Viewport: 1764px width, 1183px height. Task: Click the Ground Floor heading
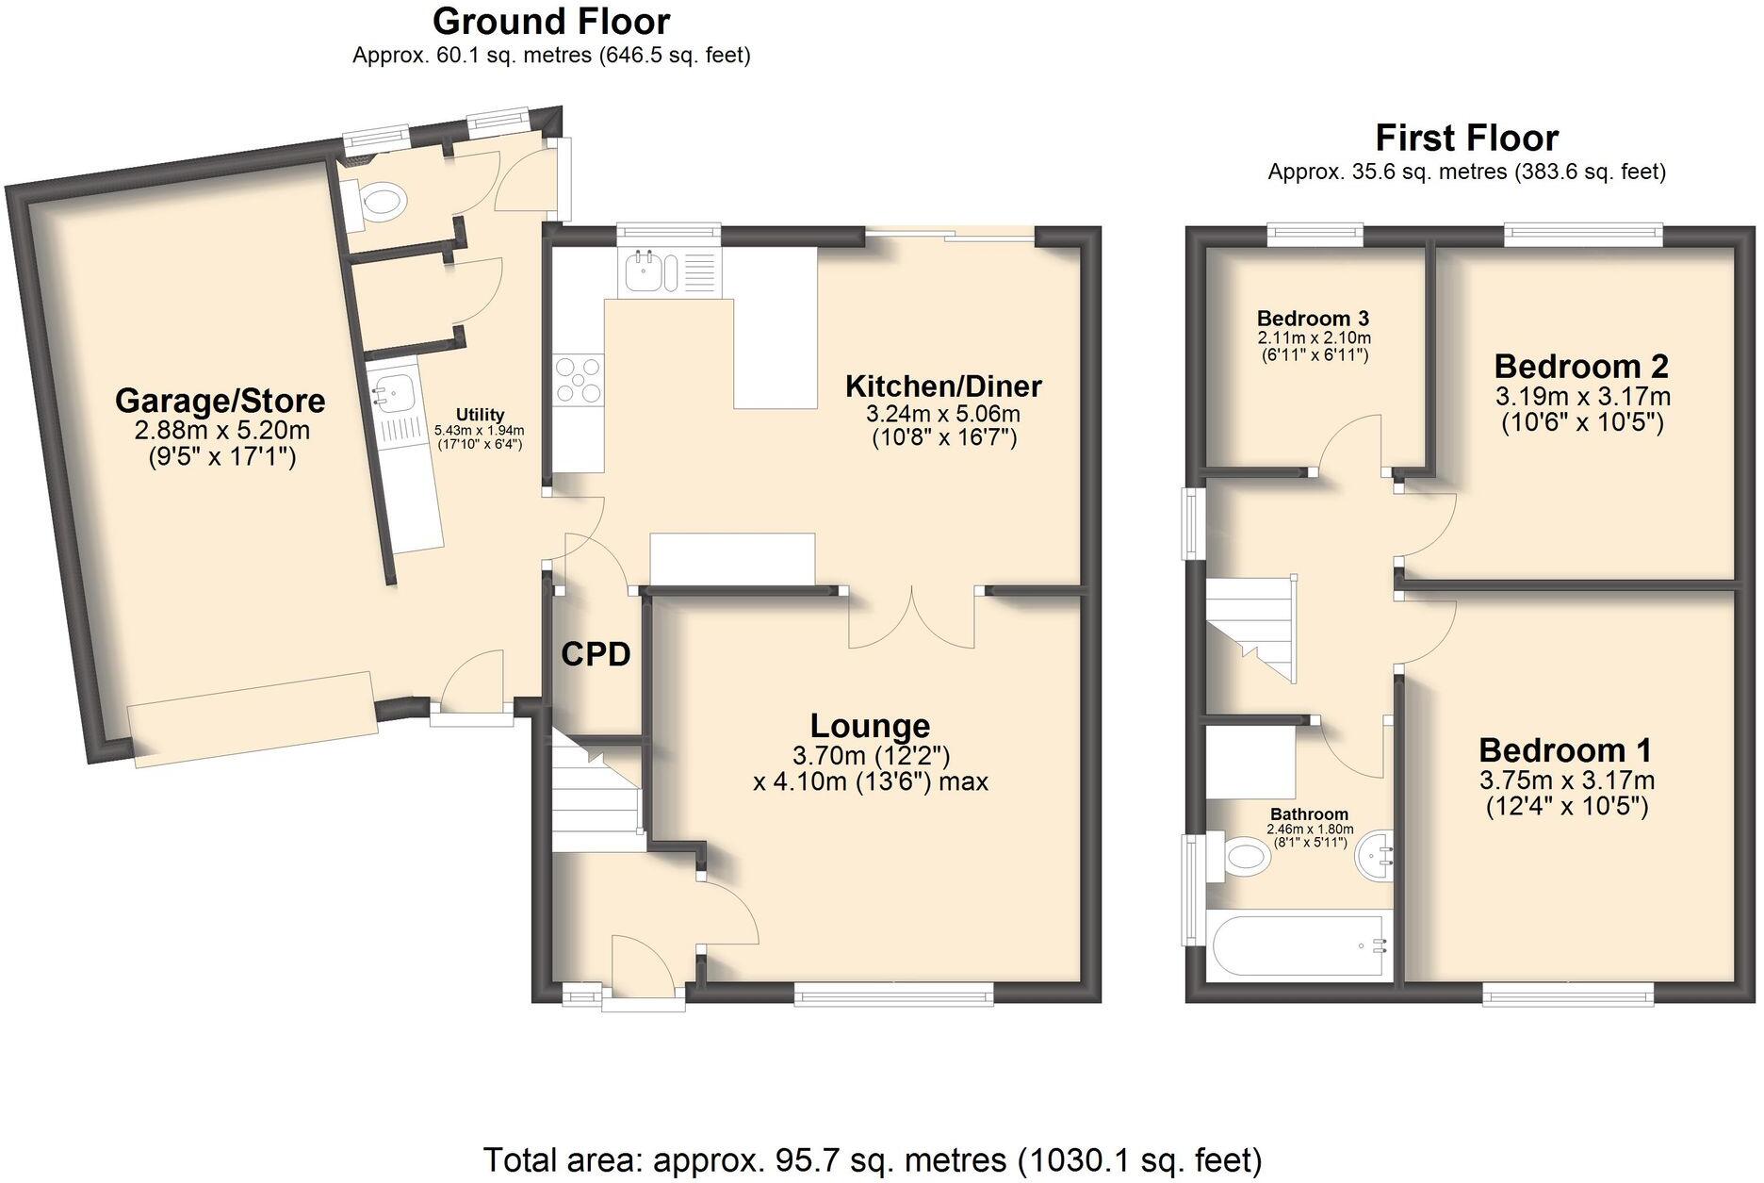[551, 22]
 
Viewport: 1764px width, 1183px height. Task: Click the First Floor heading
[1466, 139]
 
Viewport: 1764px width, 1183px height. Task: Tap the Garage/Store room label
[220, 401]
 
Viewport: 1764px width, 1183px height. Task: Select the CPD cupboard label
[596, 653]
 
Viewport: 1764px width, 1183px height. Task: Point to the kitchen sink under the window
[645, 271]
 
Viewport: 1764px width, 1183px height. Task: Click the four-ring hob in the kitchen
[579, 379]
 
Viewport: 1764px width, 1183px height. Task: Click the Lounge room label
[870, 726]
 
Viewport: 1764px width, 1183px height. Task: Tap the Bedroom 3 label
[1313, 319]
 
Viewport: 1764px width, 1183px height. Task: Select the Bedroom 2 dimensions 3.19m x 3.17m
[1582, 395]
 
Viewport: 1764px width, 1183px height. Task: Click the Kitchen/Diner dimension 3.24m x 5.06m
[941, 414]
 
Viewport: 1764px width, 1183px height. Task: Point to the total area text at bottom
[872, 1158]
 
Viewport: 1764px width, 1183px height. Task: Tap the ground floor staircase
[594, 792]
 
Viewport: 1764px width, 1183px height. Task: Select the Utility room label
[480, 415]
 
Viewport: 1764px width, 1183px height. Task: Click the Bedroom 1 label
[1565, 751]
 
